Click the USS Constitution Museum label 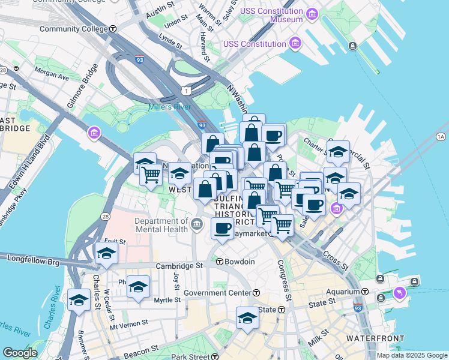(x=271, y=15)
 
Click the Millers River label (x=169, y=108)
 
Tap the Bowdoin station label (x=240, y=262)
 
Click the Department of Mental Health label (x=161, y=225)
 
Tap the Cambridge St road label (x=176, y=266)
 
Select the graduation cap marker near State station (x=247, y=318)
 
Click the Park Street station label (x=190, y=357)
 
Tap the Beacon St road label (x=140, y=348)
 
